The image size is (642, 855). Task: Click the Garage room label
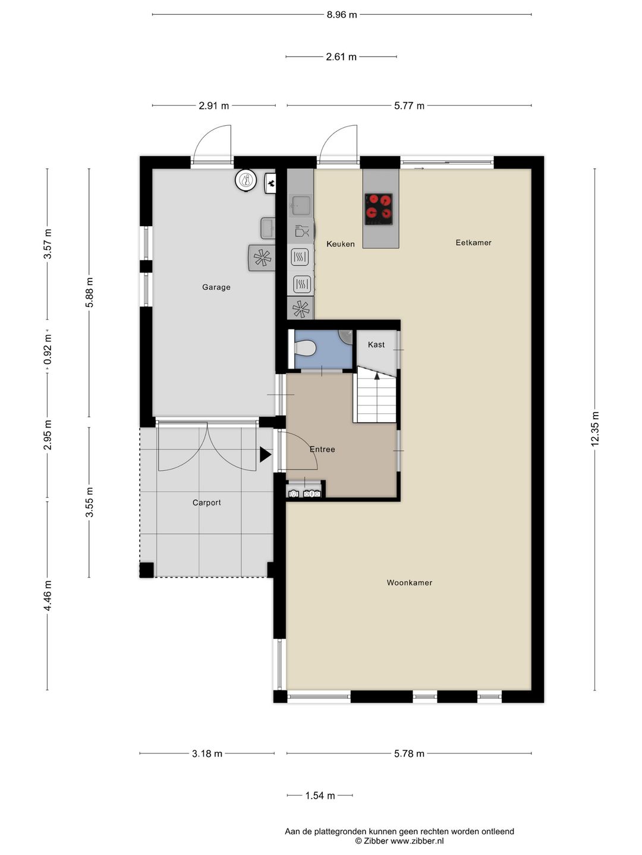click(216, 287)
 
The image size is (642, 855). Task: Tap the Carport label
click(206, 503)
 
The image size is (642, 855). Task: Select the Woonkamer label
click(409, 583)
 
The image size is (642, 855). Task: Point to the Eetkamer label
click(473, 243)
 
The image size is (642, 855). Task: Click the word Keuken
click(340, 244)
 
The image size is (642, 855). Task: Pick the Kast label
click(376, 345)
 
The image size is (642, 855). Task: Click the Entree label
click(322, 449)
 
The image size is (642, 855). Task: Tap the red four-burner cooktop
click(379, 209)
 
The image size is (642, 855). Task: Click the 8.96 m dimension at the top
click(341, 15)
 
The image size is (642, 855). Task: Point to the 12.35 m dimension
click(595, 429)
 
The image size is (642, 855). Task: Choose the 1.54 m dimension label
click(320, 796)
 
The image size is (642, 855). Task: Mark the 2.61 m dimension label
click(341, 57)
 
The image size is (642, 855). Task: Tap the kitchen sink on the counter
click(300, 205)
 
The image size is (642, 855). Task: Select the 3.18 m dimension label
click(207, 753)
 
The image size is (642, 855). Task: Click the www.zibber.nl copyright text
click(399, 841)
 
